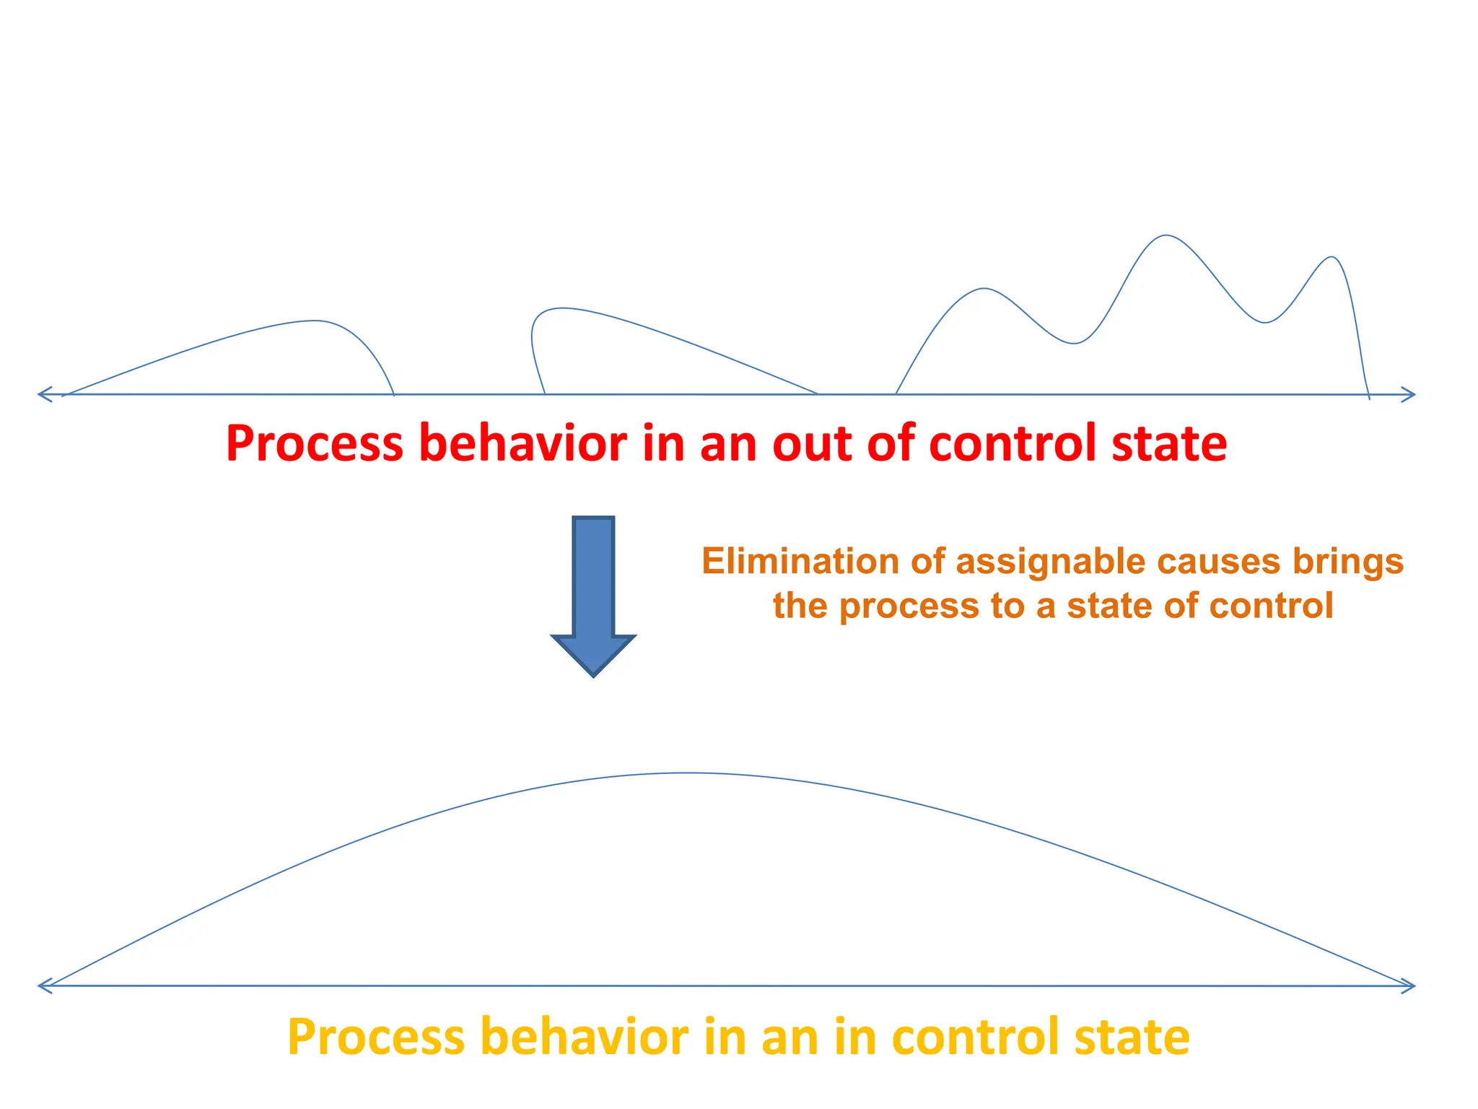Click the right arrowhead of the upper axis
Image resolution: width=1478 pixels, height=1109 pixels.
click(1409, 394)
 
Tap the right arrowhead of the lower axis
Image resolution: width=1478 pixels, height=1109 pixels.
click(1409, 986)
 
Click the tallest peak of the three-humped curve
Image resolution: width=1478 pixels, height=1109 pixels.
click(1166, 235)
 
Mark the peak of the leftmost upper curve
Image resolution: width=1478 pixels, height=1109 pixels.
click(314, 321)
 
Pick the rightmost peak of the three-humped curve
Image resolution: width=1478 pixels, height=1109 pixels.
click(1332, 257)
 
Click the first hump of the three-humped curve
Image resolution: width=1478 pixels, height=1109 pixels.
click(984, 289)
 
